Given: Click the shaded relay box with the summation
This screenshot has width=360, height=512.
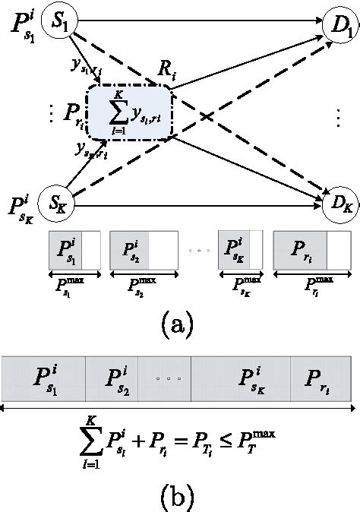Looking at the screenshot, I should [129, 112].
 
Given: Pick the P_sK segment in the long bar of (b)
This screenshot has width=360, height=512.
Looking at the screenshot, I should [251, 380].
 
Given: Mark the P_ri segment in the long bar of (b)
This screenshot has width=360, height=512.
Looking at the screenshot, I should [319, 380].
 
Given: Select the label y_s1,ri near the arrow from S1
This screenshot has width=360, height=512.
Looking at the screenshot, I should [84, 71].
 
